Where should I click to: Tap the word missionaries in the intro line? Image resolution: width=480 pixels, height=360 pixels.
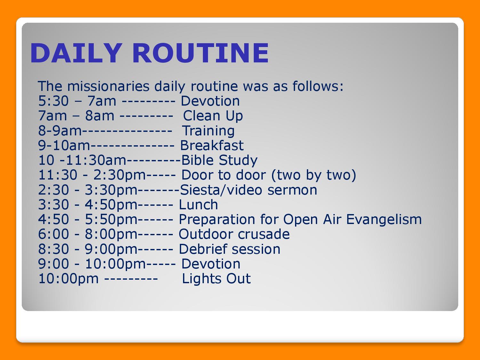(x=108, y=86)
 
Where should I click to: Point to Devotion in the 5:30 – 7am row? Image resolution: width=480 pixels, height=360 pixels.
(x=210, y=101)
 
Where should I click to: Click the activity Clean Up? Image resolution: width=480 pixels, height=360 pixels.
(x=213, y=116)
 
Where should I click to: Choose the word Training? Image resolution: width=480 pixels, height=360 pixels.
(x=208, y=131)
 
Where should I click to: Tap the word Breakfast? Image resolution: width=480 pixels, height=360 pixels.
(x=212, y=145)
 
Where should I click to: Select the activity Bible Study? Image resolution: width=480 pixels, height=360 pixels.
(x=219, y=161)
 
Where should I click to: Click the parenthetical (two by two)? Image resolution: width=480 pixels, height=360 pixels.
(x=314, y=175)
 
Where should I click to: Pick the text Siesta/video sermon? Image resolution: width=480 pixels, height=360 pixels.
(x=248, y=190)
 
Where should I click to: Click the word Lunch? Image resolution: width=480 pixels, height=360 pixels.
(x=198, y=205)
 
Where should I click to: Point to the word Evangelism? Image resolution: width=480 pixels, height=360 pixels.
(x=384, y=220)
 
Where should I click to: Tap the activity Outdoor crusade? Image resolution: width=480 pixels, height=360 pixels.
(x=234, y=234)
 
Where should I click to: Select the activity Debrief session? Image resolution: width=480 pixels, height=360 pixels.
(x=230, y=249)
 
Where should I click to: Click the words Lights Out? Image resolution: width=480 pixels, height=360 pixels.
(x=216, y=279)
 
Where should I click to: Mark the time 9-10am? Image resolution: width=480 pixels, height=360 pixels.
(x=64, y=146)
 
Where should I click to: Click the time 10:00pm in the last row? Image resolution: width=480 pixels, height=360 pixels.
(x=68, y=279)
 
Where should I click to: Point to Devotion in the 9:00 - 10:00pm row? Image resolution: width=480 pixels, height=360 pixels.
(x=211, y=264)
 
